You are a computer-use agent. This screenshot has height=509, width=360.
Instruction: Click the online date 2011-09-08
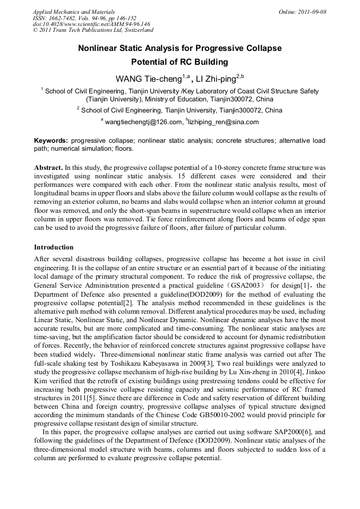coord(309,12)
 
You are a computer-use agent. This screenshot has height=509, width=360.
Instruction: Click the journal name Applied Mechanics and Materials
coord(73,12)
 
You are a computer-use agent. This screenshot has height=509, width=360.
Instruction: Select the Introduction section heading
coord(54,247)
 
